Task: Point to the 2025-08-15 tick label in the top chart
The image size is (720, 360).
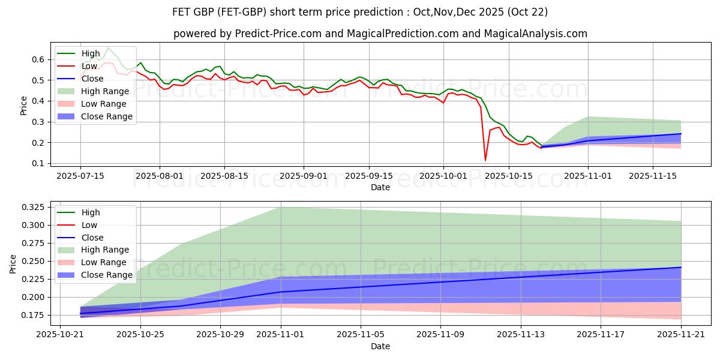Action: [x=224, y=176]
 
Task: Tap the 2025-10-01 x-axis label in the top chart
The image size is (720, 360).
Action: [x=443, y=176]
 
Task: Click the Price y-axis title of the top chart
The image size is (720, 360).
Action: [x=23, y=105]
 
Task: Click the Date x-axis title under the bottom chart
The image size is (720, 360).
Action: [x=380, y=346]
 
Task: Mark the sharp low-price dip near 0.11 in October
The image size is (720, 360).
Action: [x=485, y=160]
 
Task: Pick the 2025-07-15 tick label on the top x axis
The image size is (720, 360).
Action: [x=80, y=176]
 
